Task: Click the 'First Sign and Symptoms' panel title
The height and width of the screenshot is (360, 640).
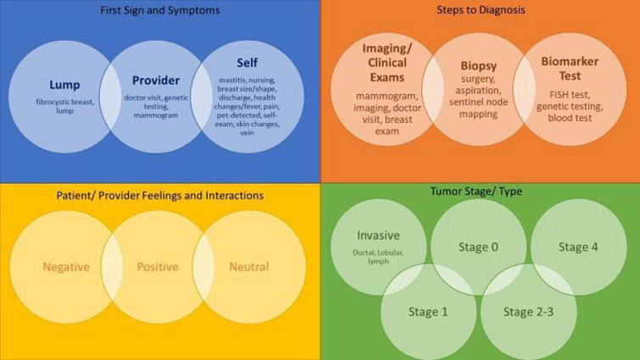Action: click(159, 10)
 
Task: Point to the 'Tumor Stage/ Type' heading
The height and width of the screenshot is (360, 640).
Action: click(481, 191)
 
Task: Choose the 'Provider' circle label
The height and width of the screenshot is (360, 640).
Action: click(156, 80)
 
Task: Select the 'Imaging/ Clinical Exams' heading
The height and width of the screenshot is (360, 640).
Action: click(387, 62)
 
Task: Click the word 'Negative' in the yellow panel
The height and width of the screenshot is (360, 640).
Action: click(66, 267)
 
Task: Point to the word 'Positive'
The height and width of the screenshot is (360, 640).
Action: click(158, 267)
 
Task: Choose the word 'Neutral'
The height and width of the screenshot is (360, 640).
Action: click(248, 267)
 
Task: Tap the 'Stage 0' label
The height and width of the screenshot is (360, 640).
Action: click(477, 246)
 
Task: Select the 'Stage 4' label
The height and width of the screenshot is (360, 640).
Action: click(578, 246)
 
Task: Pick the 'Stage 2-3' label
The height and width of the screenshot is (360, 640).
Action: click(529, 311)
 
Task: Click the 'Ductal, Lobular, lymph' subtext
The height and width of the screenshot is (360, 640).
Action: click(378, 256)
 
